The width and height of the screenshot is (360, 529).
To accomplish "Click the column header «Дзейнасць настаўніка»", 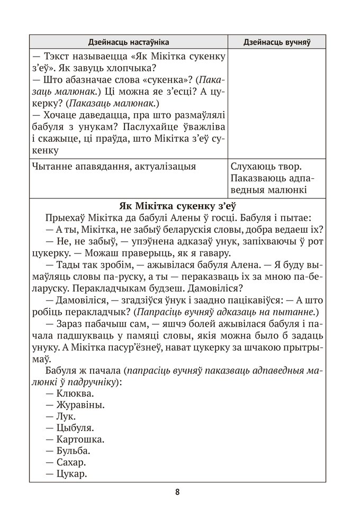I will pyautogui.click(x=129, y=42).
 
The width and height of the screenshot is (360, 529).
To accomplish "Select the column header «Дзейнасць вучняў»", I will pyautogui.click(x=276, y=42).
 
